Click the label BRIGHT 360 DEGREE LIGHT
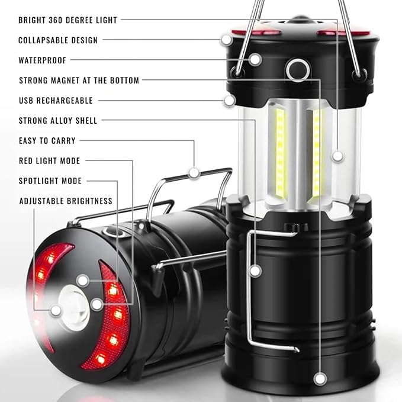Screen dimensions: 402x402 tap(67, 20)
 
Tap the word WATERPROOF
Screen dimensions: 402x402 tap(43, 60)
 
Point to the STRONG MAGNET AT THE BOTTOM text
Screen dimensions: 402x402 tap(79, 81)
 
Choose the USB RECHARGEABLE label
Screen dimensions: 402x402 tap(56, 101)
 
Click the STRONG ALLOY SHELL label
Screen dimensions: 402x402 tap(58, 121)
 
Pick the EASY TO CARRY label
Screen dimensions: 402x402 tap(47, 141)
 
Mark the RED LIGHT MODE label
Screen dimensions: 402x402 tap(49, 161)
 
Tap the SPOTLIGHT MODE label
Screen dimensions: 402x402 tap(50, 181)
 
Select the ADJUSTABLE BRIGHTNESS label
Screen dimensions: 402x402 tap(66, 201)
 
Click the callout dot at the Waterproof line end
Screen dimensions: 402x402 tap(255, 60)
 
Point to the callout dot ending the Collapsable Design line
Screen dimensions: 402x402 tap(227, 40)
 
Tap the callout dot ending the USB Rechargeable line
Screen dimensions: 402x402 tap(230, 100)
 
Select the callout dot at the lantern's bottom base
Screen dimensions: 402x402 tap(321, 377)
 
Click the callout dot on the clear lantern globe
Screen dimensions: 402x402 tap(337, 156)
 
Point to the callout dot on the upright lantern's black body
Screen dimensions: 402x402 tap(255, 271)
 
